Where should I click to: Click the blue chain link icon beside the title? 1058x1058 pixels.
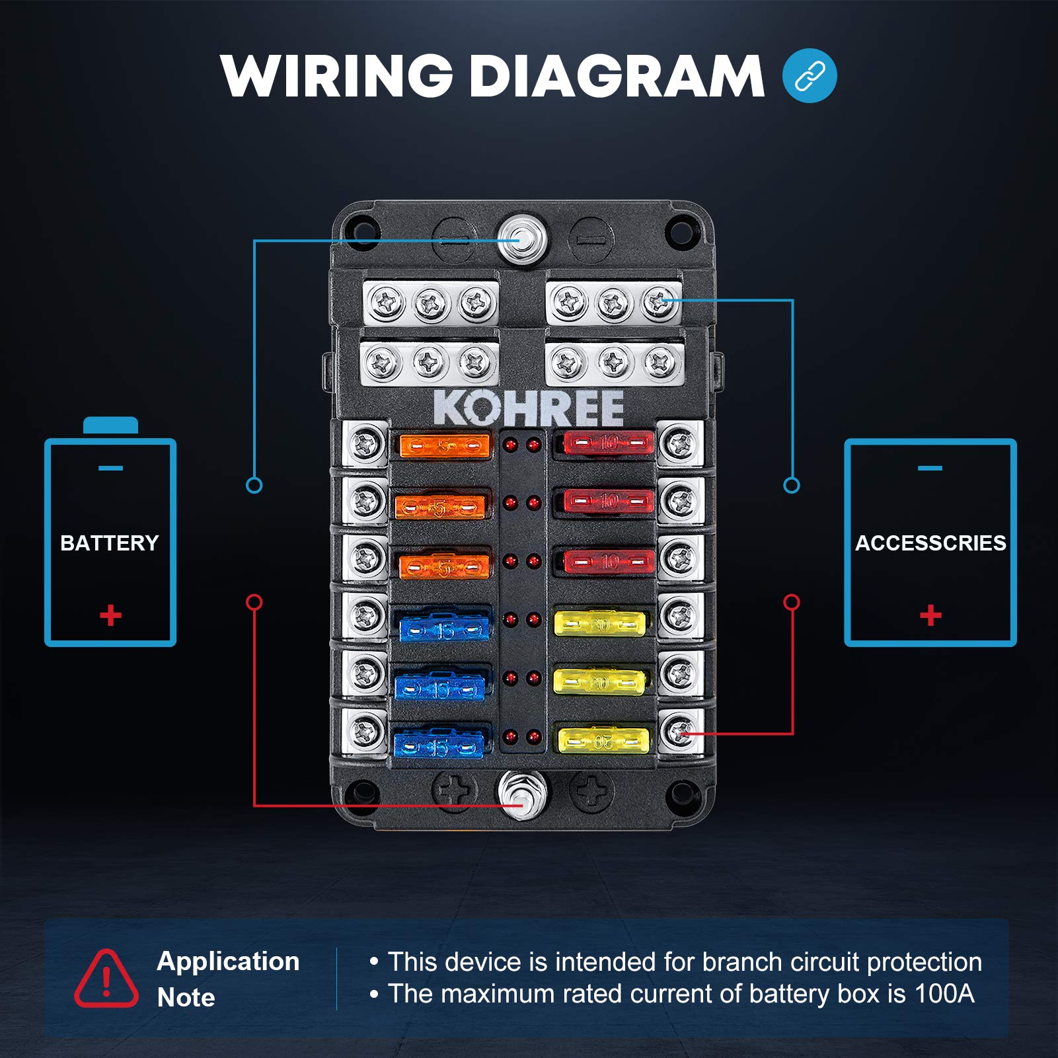point(809,76)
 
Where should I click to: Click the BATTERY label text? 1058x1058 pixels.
point(110,543)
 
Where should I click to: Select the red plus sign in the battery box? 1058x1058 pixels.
point(110,615)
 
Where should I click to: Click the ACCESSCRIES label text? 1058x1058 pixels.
point(930,543)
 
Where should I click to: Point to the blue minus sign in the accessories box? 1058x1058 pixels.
point(930,469)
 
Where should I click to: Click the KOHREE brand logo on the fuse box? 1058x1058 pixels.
point(529,408)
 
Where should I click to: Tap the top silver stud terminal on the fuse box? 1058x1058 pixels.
point(522,239)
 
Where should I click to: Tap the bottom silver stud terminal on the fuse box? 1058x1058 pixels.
point(521,796)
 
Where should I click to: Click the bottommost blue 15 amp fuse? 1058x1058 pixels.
point(439,745)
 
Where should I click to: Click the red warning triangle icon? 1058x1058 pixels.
point(106,979)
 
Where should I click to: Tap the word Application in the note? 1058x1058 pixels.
point(228,962)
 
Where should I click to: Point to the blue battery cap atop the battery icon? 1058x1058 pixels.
point(110,425)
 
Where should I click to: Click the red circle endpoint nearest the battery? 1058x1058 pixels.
point(254,602)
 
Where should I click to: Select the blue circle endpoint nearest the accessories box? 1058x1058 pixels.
point(791,486)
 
